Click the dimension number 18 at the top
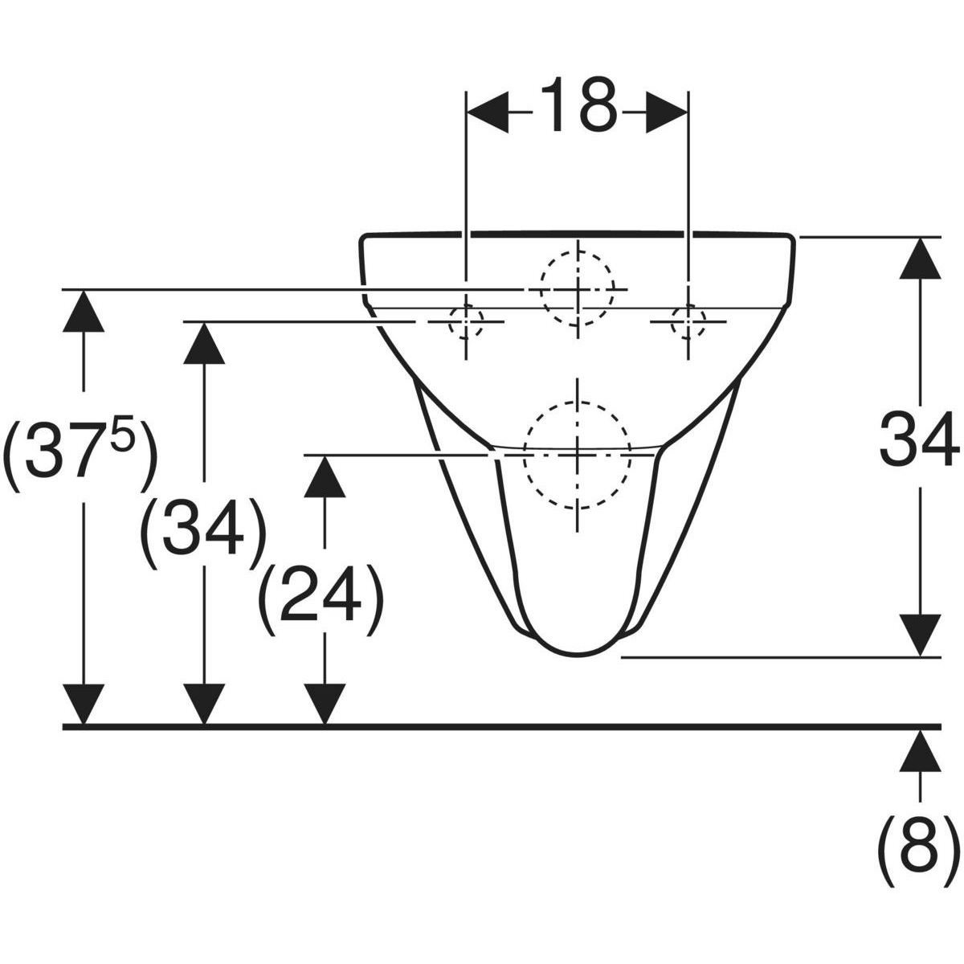point(577,105)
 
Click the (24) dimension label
point(321,599)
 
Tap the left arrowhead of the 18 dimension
point(488,112)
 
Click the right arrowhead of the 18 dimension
point(667,112)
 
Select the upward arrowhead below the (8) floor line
point(920,750)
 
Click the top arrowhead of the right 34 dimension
point(920,257)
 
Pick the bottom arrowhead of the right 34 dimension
point(920,635)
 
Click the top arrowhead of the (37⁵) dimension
point(84,310)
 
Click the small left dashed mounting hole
point(466,321)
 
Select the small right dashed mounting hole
point(688,321)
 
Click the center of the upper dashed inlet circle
point(578,289)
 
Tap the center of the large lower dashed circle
point(578,455)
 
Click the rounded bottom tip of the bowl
point(578,656)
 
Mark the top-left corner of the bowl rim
point(361,236)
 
